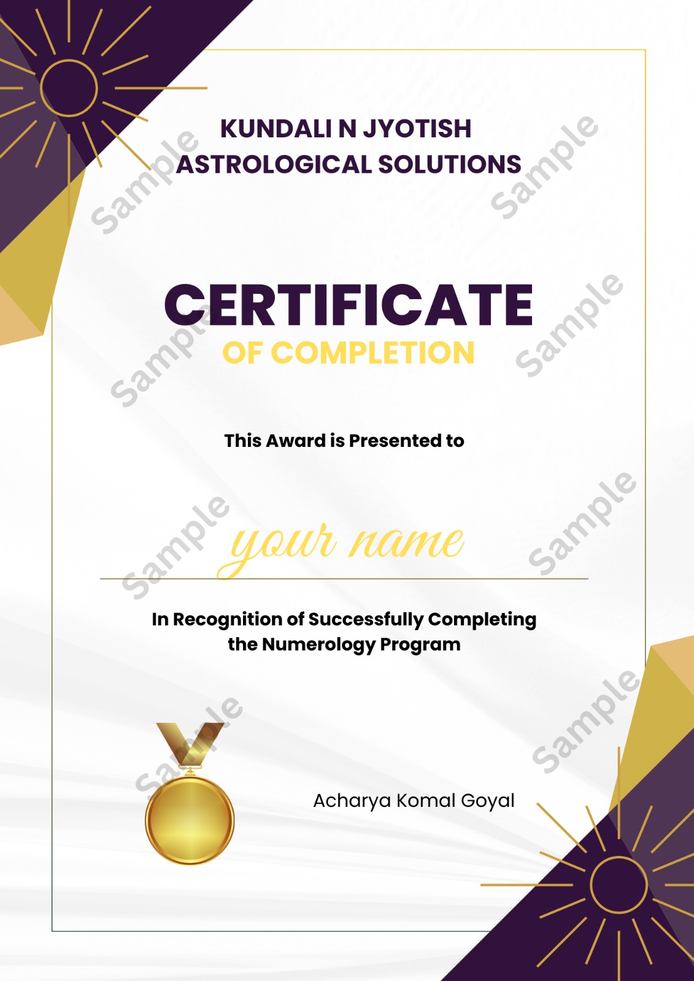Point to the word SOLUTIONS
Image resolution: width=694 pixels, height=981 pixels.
450,164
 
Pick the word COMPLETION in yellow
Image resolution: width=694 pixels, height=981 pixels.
372,353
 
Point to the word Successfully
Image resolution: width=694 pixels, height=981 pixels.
366,620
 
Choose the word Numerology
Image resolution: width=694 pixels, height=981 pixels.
318,644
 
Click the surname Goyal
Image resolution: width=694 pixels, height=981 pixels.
487,801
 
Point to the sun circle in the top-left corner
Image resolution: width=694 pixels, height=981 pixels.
69,61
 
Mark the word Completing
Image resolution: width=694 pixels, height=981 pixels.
482,620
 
